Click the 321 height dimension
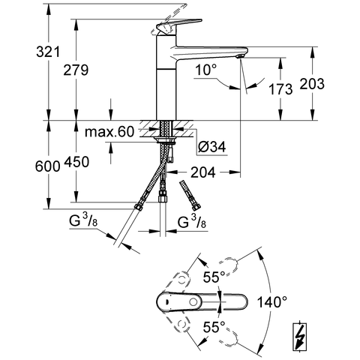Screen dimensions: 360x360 click(48, 52)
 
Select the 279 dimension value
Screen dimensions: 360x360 click(76, 70)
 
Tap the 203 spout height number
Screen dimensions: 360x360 click(312, 83)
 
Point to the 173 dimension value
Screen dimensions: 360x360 click(280, 89)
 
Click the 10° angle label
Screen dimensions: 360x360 click(205, 70)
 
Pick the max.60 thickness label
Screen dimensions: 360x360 click(109, 132)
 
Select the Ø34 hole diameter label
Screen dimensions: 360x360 click(212, 146)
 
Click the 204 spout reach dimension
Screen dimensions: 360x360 click(203, 172)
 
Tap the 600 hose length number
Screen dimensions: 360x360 click(48, 166)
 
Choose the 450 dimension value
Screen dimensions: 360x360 click(76, 162)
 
